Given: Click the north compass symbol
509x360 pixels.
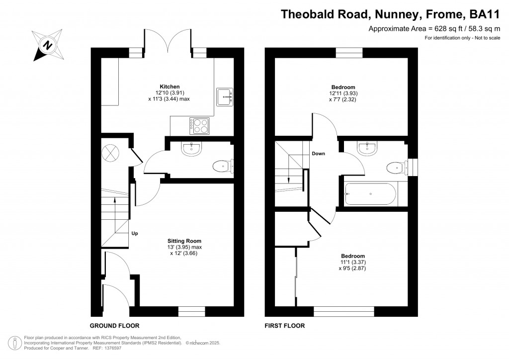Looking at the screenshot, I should coord(47,45).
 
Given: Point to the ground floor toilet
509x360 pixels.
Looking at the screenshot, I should coord(222,166).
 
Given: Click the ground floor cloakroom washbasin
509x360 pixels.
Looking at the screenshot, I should coord(191,149).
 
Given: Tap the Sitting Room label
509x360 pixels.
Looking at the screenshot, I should coord(184,241).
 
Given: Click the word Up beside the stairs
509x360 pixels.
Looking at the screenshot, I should coord(135,233).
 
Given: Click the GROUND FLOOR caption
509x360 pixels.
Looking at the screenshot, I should coord(114,326).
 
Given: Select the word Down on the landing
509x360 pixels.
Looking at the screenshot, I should coord(318,154).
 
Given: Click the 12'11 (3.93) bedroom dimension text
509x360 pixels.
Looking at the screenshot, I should coord(343,93).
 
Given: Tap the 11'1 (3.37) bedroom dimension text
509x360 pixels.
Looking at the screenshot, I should coord(352,262).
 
